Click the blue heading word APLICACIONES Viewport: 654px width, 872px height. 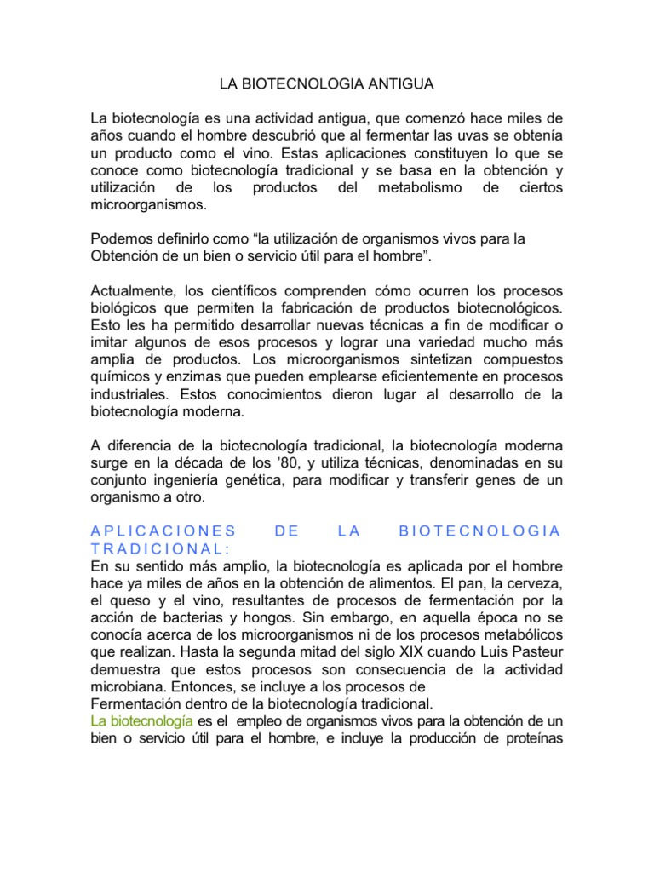(162, 531)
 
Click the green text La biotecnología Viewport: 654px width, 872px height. (141, 720)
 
